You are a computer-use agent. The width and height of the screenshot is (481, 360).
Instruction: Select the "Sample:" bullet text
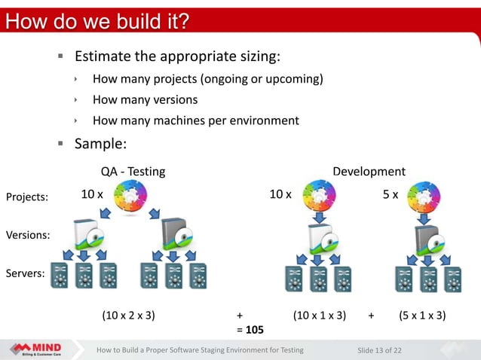pos(100,143)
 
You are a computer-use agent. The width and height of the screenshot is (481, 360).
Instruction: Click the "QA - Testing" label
pos(133,172)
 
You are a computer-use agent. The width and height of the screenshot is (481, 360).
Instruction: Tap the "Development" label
pos(369,172)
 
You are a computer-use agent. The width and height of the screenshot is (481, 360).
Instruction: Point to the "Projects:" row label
pos(26,197)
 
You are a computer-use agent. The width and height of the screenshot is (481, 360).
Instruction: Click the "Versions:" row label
pos(28,235)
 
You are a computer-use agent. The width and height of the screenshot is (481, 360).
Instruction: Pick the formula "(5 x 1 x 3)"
pos(421,316)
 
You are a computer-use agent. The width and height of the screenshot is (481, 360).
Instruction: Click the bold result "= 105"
pos(250,329)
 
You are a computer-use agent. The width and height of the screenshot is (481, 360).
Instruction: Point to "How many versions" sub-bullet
pos(145,99)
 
